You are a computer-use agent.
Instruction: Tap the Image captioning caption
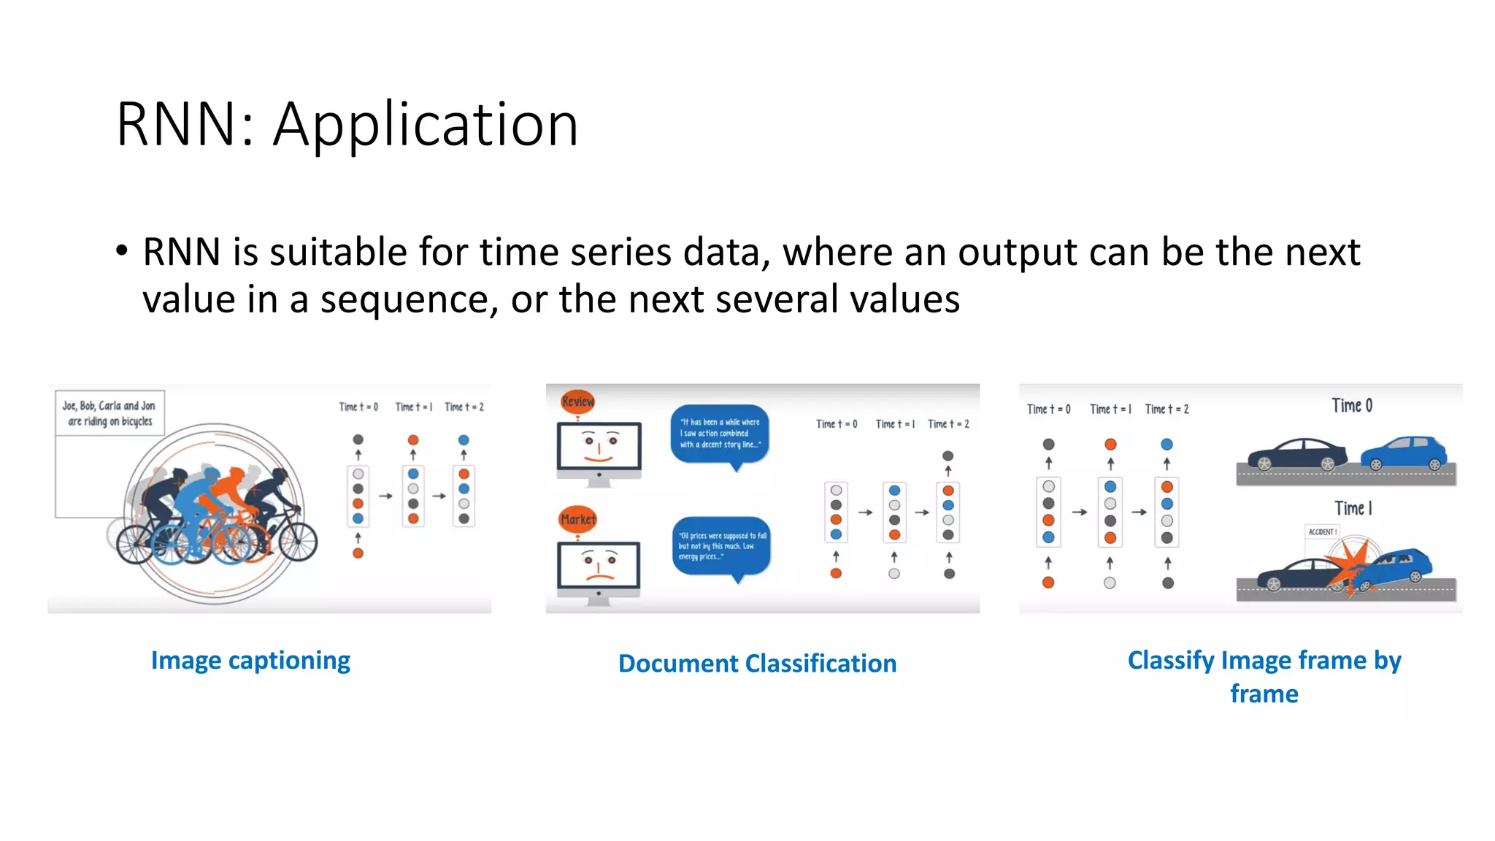[x=250, y=661]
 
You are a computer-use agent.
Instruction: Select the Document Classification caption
[x=757, y=664]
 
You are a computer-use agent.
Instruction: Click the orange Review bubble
[x=577, y=402]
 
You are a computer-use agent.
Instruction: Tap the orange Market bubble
[x=577, y=520]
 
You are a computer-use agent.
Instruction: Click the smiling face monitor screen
[x=599, y=446]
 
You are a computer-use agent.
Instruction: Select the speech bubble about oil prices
[x=721, y=546]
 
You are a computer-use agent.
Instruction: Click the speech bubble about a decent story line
[x=720, y=434]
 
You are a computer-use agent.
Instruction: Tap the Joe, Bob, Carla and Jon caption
[x=109, y=413]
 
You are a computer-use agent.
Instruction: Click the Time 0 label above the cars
[x=1351, y=406]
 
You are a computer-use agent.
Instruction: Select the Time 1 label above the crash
[x=1353, y=508]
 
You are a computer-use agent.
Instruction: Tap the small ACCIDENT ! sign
[x=1322, y=532]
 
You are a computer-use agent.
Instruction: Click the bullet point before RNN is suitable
[x=122, y=252]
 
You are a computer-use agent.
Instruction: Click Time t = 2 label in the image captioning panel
[x=464, y=407]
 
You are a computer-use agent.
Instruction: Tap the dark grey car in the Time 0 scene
[x=1296, y=454]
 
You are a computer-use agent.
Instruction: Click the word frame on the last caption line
[x=1264, y=694]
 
